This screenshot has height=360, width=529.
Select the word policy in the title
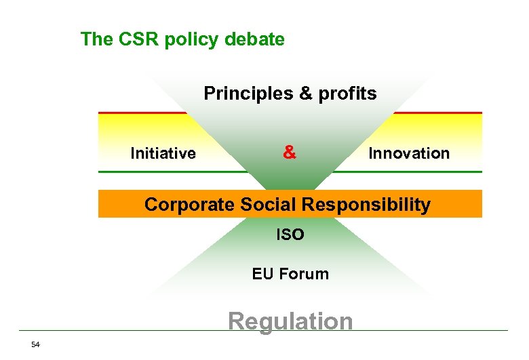point(187,39)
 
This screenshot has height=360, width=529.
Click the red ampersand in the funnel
point(290,153)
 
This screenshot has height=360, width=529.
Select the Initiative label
point(163,154)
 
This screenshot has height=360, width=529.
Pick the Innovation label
point(409,153)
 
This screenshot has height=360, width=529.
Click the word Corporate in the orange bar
point(187,204)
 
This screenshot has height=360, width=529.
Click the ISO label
point(290,235)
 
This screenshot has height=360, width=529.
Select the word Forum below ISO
point(303,274)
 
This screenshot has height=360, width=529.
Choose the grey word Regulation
point(290,321)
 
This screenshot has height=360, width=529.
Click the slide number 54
point(35,345)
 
